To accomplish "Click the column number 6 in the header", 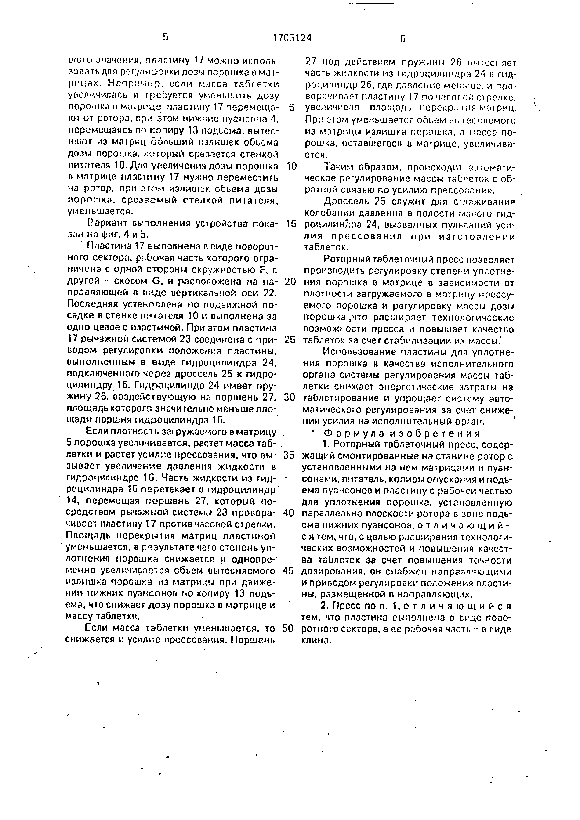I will click(x=402, y=39).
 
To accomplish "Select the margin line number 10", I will click(x=292, y=166).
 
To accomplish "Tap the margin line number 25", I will click(x=291, y=339).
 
